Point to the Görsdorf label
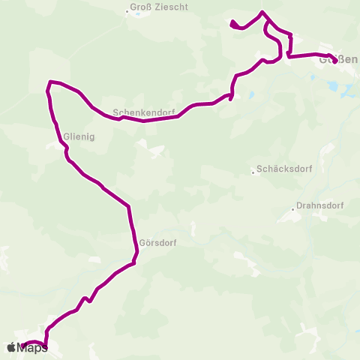(157, 242)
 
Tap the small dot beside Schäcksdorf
(253, 172)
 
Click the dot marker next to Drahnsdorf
(293, 211)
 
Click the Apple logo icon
(11, 347)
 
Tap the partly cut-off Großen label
(339, 59)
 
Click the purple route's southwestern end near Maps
(23, 346)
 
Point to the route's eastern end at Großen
(334, 61)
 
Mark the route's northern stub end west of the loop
(231, 22)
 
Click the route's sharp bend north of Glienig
(50, 82)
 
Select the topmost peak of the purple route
(262, 12)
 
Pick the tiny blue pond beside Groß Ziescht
(138, 14)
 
